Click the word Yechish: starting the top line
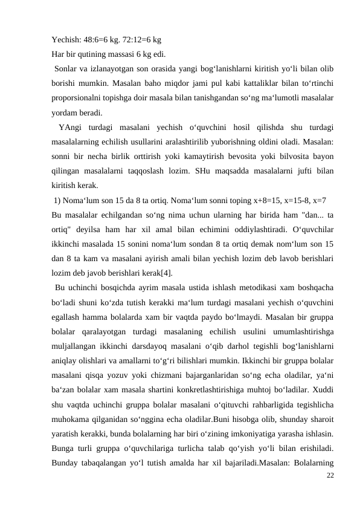point(66,41)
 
